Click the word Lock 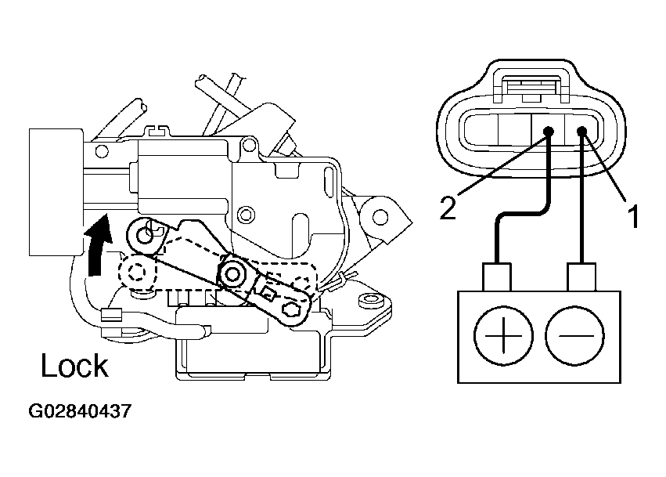pyautogui.click(x=75, y=366)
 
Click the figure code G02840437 pyautogui.click(x=80, y=411)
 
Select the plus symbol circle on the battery pyautogui.click(x=503, y=335)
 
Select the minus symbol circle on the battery pyautogui.click(x=574, y=335)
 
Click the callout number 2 pyautogui.click(x=448, y=208)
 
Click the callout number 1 pyautogui.click(x=632, y=216)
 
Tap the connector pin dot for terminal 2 pyautogui.click(x=549, y=131)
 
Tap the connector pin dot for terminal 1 pyautogui.click(x=582, y=131)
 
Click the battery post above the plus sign pyautogui.click(x=496, y=277)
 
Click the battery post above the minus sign pyautogui.click(x=581, y=277)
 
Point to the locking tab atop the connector pyautogui.click(x=531, y=87)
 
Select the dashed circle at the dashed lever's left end pyautogui.click(x=137, y=272)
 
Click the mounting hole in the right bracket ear pyautogui.click(x=380, y=217)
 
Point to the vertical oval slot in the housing pyautogui.click(x=329, y=182)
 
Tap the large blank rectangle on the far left pyautogui.click(x=56, y=192)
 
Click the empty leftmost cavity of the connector pyautogui.click(x=481, y=131)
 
